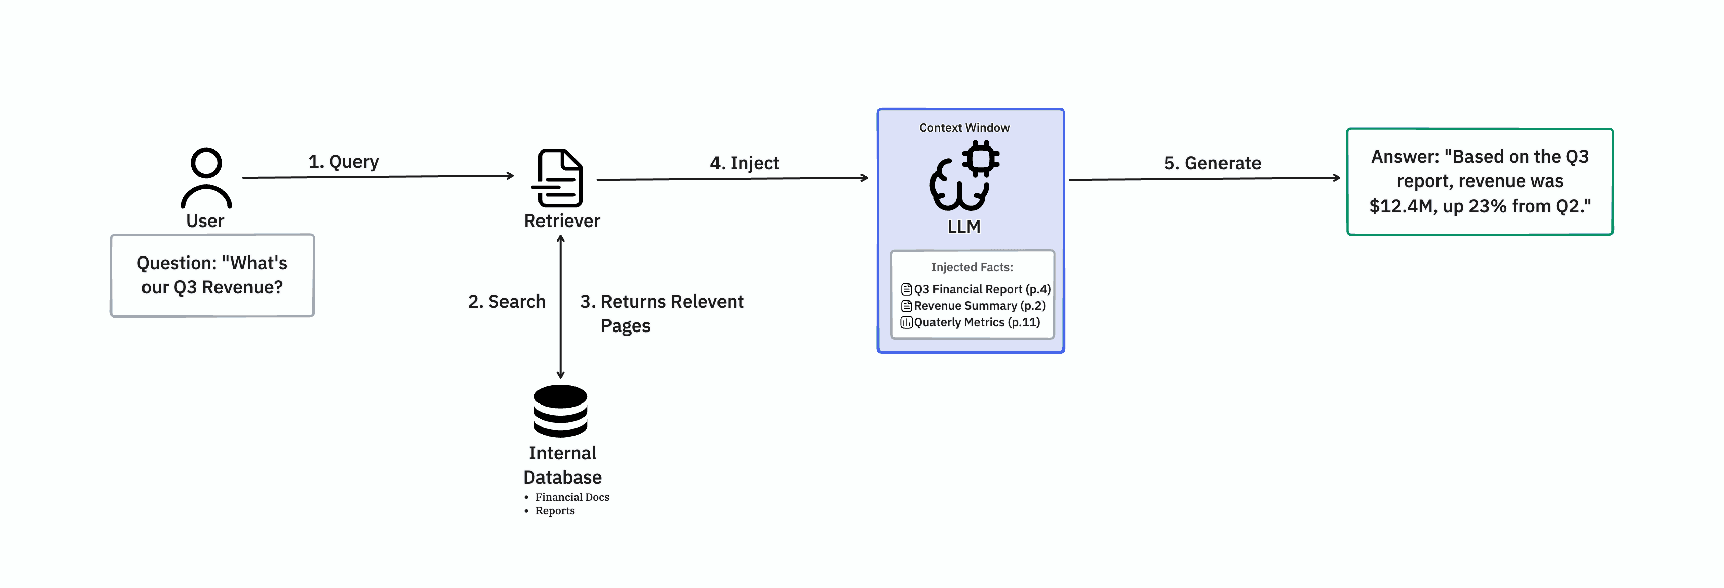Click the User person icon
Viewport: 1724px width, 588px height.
[x=206, y=177]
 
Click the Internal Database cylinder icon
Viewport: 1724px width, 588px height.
[x=560, y=411]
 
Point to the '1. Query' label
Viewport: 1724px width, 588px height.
[x=343, y=162]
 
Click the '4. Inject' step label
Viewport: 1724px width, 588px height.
[x=744, y=163]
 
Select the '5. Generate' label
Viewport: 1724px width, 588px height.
[x=1212, y=163]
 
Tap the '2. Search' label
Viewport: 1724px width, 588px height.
[x=507, y=302]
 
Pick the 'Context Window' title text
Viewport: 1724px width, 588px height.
[x=964, y=128]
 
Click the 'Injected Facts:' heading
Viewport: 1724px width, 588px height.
[x=972, y=267]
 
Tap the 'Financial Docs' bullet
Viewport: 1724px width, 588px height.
[x=571, y=497]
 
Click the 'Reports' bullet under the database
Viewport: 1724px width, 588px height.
[x=555, y=511]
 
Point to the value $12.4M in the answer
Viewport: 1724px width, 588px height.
[x=1400, y=206]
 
